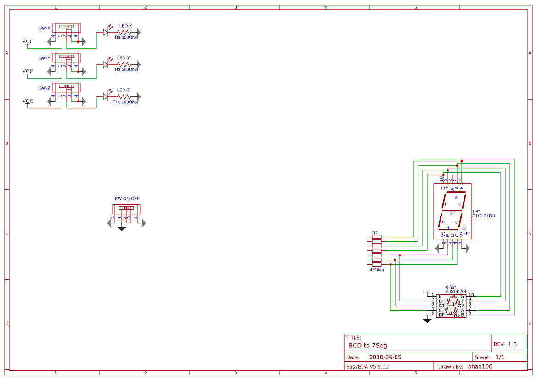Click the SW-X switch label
coord(45,28)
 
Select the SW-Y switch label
coord(45,58)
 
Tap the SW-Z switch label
coord(45,88)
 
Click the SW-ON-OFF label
coord(127,199)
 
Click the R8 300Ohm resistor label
coord(126,37)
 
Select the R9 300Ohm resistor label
coord(126,69)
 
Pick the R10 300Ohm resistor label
coord(125,102)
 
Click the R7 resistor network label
coord(375,233)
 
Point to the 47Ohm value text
coord(377,270)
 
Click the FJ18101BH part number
coord(483,216)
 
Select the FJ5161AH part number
coord(456,291)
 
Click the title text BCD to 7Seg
coord(367,345)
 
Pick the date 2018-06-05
coord(385,357)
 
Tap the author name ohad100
coord(480,367)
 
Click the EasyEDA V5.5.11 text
coord(367,367)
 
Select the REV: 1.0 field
coord(505,344)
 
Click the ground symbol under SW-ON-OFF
coord(121,228)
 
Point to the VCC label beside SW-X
coord(28,41)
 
